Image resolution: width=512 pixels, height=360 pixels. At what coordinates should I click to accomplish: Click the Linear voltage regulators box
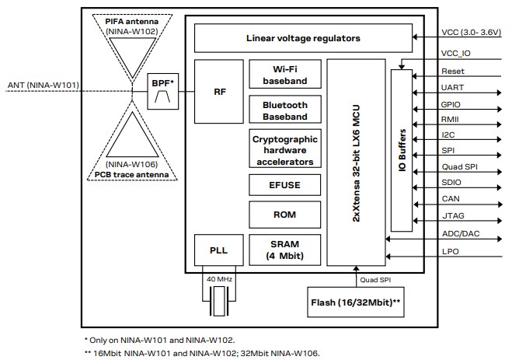click(x=303, y=37)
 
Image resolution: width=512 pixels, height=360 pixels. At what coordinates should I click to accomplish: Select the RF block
click(x=219, y=91)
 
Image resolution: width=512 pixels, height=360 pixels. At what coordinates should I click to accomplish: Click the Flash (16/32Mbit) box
click(x=354, y=301)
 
